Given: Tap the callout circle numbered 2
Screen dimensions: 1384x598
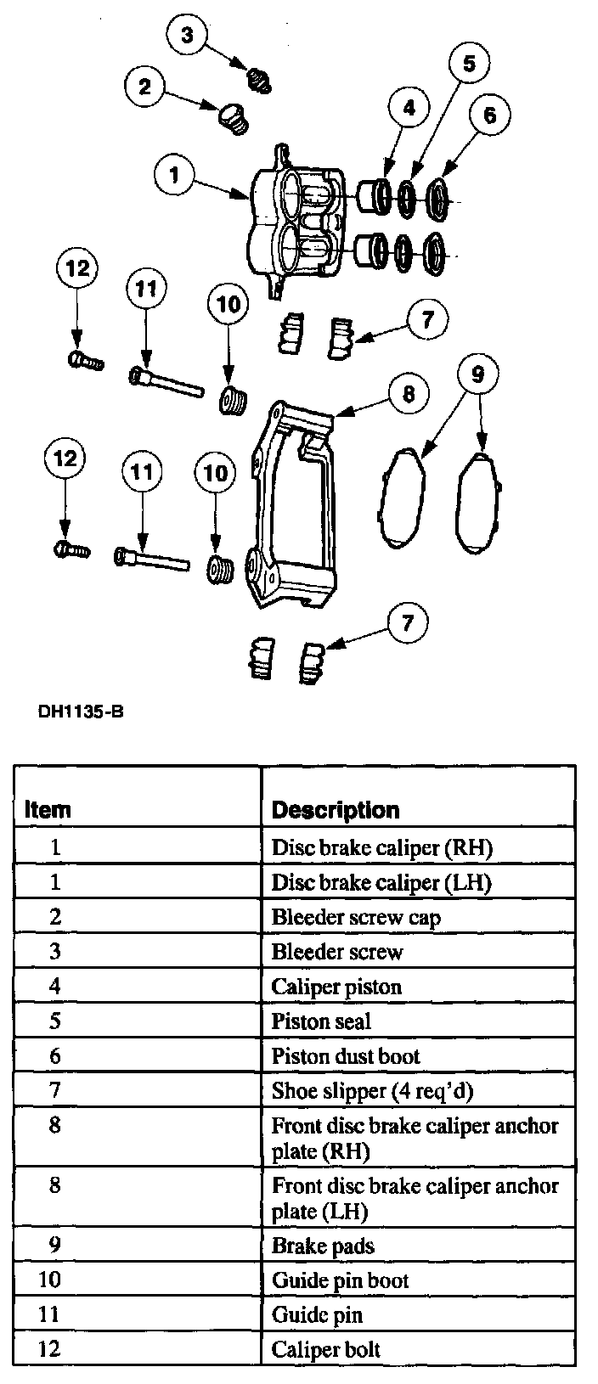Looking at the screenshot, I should coord(145,86).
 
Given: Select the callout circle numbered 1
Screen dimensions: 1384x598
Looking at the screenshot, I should coord(175,176).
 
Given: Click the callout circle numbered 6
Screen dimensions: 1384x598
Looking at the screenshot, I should coord(489,114).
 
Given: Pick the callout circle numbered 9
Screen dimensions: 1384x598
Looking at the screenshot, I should coord(477,374).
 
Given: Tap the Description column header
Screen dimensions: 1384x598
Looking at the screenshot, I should coord(335,809).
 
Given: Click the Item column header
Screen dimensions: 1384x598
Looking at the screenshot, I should coord(48,809).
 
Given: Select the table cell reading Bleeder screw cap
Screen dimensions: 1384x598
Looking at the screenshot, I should coord(356,917).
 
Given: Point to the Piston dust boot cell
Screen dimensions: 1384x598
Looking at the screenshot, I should coord(346,1056).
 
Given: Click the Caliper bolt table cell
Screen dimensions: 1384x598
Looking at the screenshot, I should coord(326,1349).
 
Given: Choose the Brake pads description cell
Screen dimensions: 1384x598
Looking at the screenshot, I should coord(323,1246).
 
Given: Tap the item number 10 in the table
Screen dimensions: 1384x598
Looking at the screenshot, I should coord(50,1280).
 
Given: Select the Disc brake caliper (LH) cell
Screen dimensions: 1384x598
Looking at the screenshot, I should coord(381,882).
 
